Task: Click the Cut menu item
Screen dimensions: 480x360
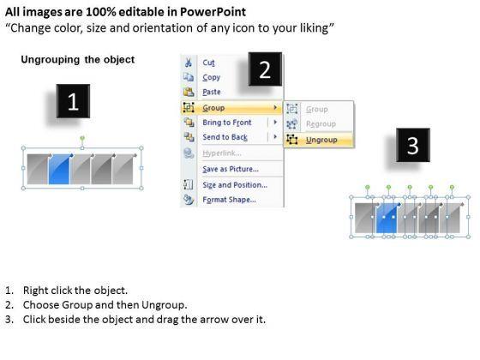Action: click(x=208, y=63)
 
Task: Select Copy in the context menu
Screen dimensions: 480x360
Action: click(x=211, y=77)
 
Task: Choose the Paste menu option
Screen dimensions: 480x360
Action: click(x=212, y=92)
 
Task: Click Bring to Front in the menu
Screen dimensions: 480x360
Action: click(x=227, y=123)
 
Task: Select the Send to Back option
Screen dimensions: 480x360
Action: click(x=225, y=137)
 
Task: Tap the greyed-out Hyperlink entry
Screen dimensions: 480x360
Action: click(x=222, y=153)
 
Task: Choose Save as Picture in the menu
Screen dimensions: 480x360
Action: click(x=231, y=169)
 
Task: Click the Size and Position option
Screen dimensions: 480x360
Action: click(x=235, y=185)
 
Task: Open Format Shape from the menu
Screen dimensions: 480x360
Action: click(x=229, y=200)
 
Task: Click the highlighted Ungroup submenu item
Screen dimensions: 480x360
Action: click(x=321, y=140)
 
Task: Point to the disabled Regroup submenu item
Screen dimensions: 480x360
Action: click(x=321, y=124)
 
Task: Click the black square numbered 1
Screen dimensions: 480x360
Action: click(x=73, y=101)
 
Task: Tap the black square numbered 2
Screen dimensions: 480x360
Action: click(x=265, y=69)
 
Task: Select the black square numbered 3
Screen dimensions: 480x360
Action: click(x=413, y=145)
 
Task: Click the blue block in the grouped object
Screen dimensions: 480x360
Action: click(x=59, y=170)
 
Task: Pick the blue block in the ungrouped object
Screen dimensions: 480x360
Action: click(x=387, y=218)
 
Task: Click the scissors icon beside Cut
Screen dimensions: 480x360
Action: click(x=189, y=63)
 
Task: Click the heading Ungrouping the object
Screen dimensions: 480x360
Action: click(x=78, y=59)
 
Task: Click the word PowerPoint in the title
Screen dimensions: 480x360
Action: click(x=213, y=12)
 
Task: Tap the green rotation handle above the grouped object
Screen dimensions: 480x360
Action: click(x=82, y=138)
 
